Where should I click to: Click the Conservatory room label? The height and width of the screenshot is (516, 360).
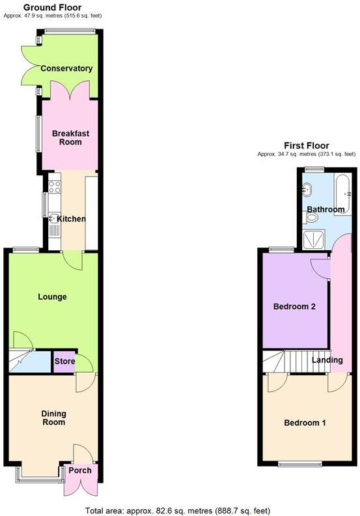click(66, 68)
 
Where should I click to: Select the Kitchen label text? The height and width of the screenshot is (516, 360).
click(72, 219)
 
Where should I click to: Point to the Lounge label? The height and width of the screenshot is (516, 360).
click(53, 297)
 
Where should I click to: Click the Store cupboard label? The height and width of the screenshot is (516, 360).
click(64, 362)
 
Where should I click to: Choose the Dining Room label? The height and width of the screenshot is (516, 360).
click(53, 418)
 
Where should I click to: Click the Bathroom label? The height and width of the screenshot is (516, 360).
click(325, 209)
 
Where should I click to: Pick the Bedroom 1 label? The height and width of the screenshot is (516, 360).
click(305, 423)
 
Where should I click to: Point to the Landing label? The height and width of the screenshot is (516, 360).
click(327, 360)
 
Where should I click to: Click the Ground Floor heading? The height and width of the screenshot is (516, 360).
click(53, 7)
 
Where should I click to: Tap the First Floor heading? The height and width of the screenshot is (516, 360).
click(306, 145)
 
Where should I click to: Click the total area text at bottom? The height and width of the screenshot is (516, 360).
click(178, 510)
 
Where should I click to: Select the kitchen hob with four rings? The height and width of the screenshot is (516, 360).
click(55, 187)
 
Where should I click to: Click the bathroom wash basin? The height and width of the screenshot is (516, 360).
click(309, 191)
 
